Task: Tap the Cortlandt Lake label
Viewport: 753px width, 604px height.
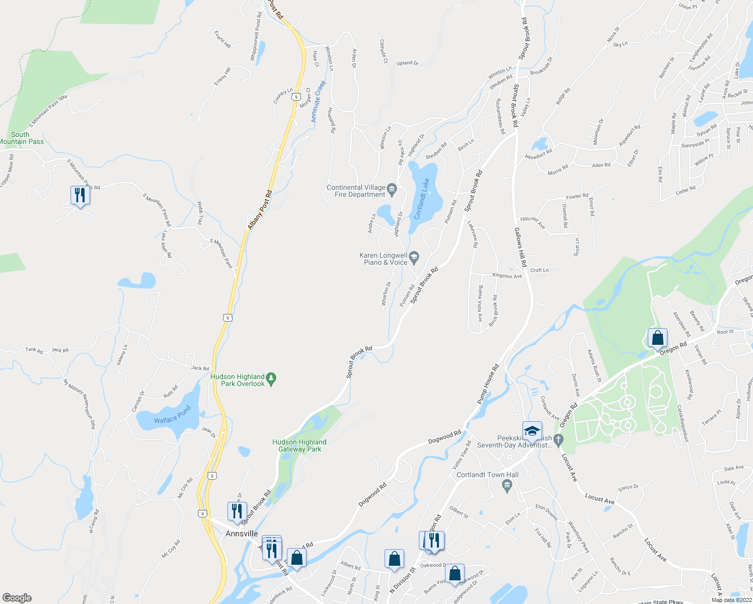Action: (422, 199)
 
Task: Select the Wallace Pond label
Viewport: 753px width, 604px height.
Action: (173, 414)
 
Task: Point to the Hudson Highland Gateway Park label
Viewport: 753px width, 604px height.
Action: (299, 445)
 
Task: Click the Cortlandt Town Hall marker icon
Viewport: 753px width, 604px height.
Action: (507, 485)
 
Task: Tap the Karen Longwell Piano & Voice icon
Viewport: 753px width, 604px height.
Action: (414, 258)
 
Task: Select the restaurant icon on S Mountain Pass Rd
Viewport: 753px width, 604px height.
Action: (80, 195)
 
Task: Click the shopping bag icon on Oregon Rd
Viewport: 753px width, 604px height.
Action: (657, 338)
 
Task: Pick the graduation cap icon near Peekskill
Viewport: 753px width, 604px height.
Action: (532, 431)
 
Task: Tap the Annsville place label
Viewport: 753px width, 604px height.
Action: (242, 534)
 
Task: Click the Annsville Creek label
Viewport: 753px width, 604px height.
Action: (318, 101)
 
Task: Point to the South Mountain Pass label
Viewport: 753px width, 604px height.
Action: (21, 138)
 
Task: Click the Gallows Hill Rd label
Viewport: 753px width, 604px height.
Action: (520, 247)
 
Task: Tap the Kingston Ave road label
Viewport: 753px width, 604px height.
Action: (507, 276)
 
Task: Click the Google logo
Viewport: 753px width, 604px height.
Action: (17, 598)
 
